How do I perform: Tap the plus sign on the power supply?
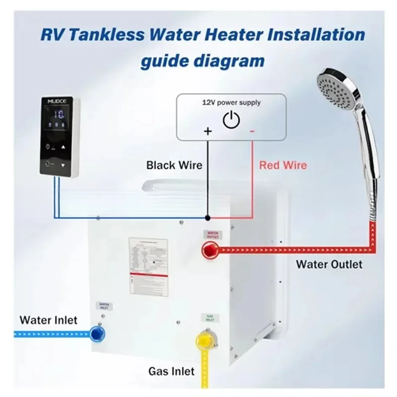(208, 132)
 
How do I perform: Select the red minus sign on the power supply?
(253, 131)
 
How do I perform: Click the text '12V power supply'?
(231, 103)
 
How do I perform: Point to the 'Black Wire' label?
(174, 165)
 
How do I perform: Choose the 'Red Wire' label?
(283, 165)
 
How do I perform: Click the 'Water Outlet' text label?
(329, 264)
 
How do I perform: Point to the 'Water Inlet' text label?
(49, 320)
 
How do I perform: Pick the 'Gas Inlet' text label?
(172, 371)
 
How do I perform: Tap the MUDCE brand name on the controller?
(56, 101)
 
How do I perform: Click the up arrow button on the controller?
(63, 147)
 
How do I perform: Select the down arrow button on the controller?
(63, 164)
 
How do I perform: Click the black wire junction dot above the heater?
(208, 217)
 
